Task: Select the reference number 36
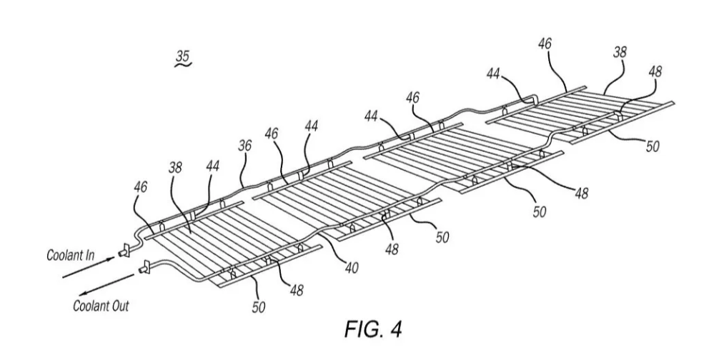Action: pos(245,145)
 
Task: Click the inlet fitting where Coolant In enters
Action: pos(122,250)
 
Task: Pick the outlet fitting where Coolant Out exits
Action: pos(144,268)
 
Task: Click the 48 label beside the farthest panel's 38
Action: pos(655,72)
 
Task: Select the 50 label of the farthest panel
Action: pos(653,146)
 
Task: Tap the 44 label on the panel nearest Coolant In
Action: pos(214,165)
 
